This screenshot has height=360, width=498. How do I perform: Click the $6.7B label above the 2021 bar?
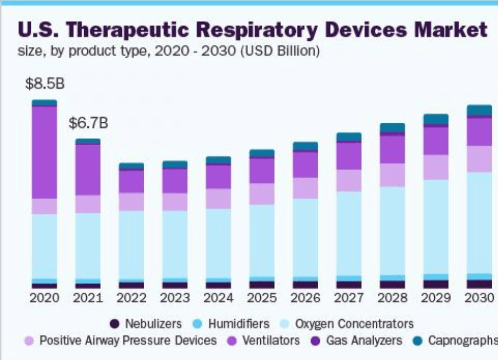[88, 124]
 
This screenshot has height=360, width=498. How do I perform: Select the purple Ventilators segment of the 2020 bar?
[44, 152]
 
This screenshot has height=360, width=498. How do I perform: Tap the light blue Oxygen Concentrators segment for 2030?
[479, 222]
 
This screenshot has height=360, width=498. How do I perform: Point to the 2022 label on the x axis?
[131, 298]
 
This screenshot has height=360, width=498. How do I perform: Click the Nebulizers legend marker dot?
[116, 324]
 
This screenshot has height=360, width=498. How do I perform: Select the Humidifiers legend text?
[239, 324]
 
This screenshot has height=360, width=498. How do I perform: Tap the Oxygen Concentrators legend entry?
[354, 324]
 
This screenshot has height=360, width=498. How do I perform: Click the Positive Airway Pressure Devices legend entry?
[128, 341]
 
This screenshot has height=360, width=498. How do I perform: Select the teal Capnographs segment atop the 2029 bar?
[436, 119]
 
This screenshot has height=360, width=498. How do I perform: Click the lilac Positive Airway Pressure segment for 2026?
[305, 188]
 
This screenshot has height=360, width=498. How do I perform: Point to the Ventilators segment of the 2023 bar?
[175, 180]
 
